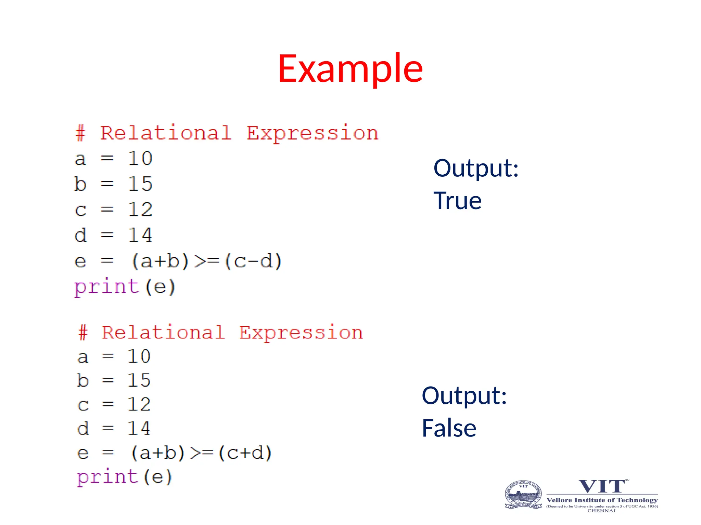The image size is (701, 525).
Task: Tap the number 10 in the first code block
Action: point(140,158)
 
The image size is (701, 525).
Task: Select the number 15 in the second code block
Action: point(139,380)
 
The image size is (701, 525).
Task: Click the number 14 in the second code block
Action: point(139,428)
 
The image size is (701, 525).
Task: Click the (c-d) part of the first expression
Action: point(253,261)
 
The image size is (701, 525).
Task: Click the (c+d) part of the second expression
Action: point(245,453)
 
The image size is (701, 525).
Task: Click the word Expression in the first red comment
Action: point(313,133)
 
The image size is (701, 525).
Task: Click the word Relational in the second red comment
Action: point(163,333)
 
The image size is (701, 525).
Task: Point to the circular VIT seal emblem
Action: point(523,495)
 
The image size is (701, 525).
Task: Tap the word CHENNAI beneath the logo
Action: point(601,511)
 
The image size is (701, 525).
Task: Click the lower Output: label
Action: point(464,395)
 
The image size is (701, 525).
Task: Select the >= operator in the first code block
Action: point(207,261)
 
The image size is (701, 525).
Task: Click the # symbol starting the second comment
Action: point(83,333)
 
